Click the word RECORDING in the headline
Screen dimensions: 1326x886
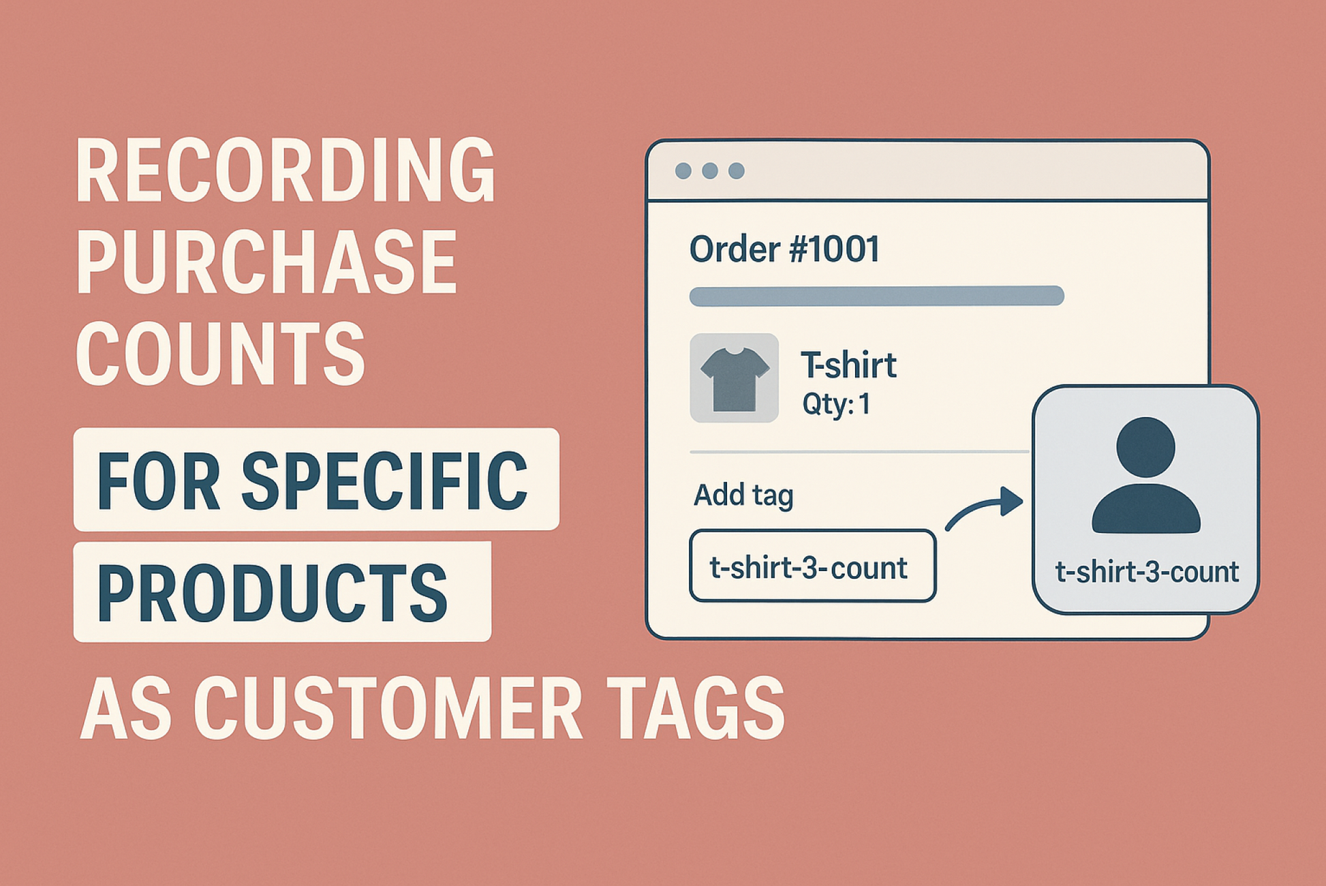pyautogui.click(x=286, y=170)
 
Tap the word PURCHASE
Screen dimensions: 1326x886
pyautogui.click(x=266, y=262)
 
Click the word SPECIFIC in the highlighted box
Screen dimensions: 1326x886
pyautogui.click(x=384, y=480)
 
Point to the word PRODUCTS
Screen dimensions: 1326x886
pyautogui.click(x=273, y=592)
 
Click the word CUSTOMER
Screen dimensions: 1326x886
pyautogui.click(x=388, y=708)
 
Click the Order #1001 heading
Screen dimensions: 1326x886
pyautogui.click(x=784, y=249)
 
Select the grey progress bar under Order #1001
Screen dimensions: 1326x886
pyautogui.click(x=876, y=296)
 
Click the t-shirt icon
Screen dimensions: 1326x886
pyautogui.click(x=735, y=378)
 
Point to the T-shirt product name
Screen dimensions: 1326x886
pyautogui.click(x=848, y=365)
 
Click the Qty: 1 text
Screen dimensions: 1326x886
pyautogui.click(x=836, y=404)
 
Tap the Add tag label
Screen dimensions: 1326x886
pyautogui.click(x=743, y=495)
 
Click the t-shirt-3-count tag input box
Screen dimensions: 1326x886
pyautogui.click(x=812, y=566)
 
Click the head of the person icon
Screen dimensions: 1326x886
pyautogui.click(x=1145, y=447)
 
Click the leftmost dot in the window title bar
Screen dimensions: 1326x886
pyautogui.click(x=683, y=170)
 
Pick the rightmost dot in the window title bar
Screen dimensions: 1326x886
pyautogui.click(x=736, y=170)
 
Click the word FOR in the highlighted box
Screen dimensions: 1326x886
pyautogui.click(x=158, y=480)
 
